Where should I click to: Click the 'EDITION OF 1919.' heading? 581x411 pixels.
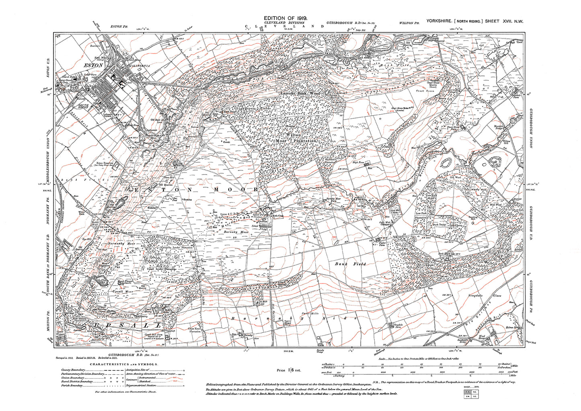(x=285, y=18)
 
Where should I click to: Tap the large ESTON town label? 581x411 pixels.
(x=94, y=64)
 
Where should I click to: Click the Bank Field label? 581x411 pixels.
(x=351, y=264)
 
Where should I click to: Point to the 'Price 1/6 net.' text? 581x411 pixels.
(x=289, y=370)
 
